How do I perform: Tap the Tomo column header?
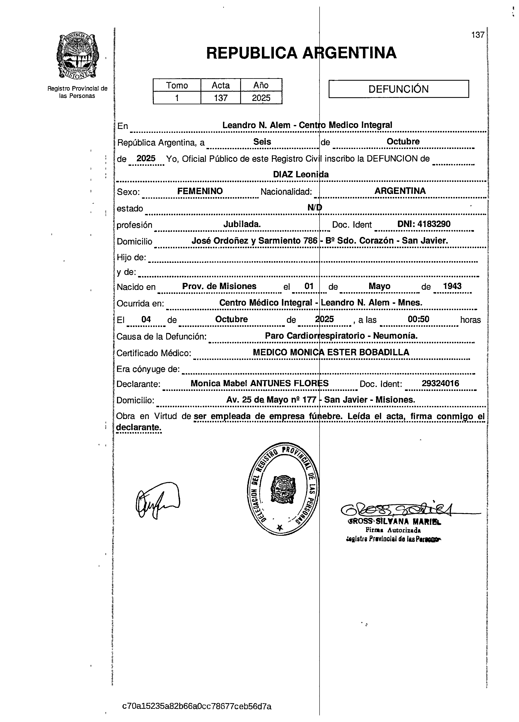point(177,85)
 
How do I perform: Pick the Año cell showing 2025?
point(261,98)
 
